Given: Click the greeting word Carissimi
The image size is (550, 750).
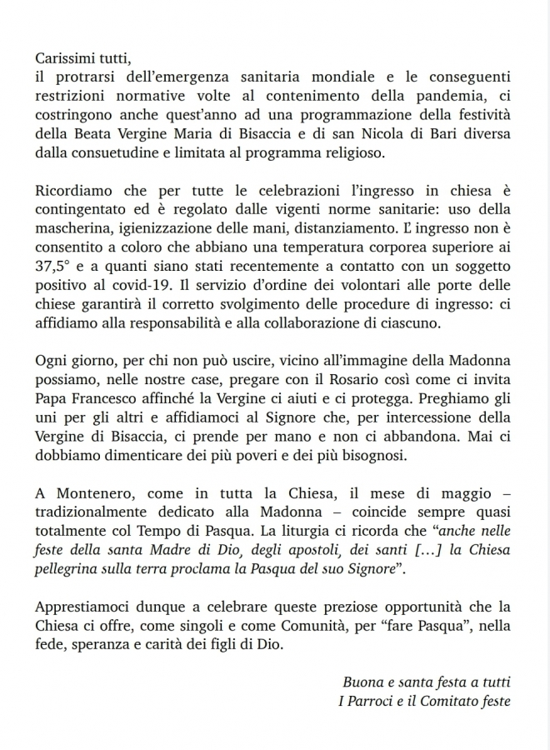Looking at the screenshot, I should (66, 60).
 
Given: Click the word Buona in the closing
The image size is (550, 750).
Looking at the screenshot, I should (362, 682).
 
